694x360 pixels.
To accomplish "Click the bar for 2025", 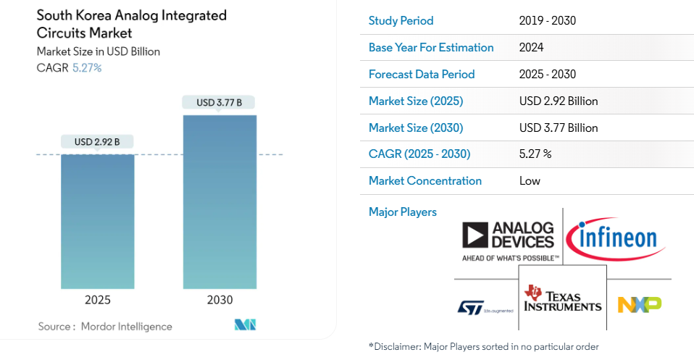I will click(97, 221).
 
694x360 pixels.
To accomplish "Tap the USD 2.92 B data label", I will click(97, 142).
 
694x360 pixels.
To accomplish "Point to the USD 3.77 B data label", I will click(220, 103).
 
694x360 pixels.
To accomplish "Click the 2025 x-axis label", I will click(97, 300).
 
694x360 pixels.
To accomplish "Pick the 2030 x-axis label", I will click(220, 300).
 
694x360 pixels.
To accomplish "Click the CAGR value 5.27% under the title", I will click(87, 67).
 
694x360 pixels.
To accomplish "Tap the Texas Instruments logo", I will click(563, 298).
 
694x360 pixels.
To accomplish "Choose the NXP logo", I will click(639, 304).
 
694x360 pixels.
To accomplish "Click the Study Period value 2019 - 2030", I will click(547, 21).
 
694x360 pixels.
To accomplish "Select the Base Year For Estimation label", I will click(431, 48).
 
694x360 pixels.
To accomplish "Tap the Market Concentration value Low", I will click(530, 181).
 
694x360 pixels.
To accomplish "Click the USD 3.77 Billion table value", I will click(559, 128).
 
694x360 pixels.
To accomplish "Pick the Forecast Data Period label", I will click(422, 75).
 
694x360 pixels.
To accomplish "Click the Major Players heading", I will click(403, 212).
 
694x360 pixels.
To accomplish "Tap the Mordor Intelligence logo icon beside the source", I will click(246, 325).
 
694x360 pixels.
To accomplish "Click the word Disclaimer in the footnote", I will click(396, 347).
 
